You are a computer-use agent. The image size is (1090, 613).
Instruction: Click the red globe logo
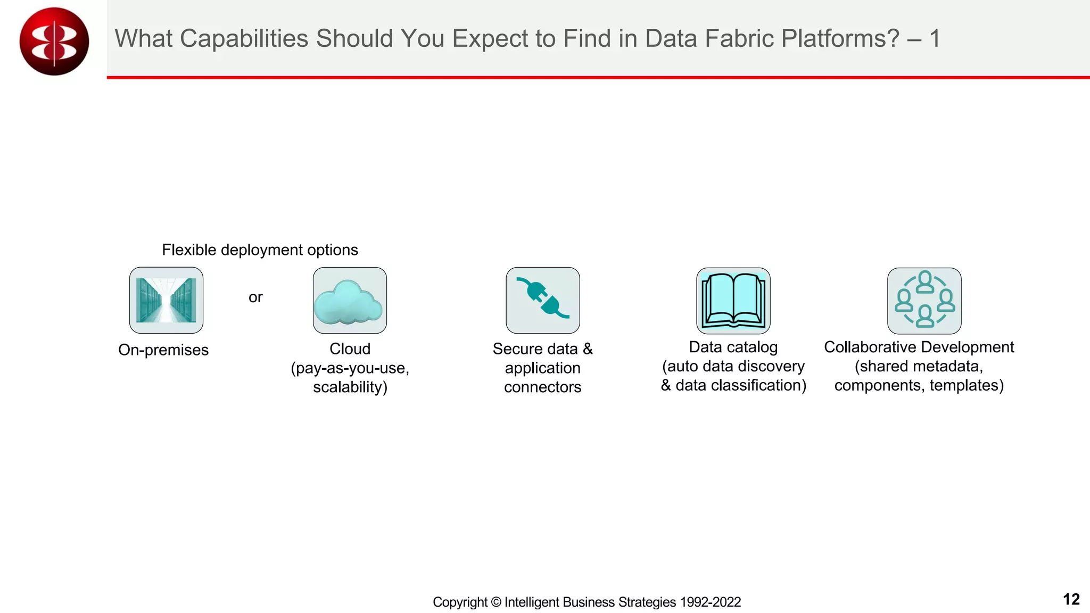pyautogui.click(x=54, y=41)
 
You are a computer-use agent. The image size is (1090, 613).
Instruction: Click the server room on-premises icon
pyautogui.click(x=166, y=300)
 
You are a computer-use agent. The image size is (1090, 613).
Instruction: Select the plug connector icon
pyautogui.click(x=542, y=300)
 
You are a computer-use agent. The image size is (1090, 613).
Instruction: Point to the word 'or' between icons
pyautogui.click(x=255, y=297)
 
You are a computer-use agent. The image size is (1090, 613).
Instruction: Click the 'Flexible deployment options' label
pyautogui.click(x=260, y=250)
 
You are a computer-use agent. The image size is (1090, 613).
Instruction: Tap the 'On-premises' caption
pyautogui.click(x=163, y=350)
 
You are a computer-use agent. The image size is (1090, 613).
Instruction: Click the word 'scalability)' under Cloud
pyautogui.click(x=350, y=387)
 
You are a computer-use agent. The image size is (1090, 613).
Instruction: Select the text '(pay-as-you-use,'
pyautogui.click(x=350, y=368)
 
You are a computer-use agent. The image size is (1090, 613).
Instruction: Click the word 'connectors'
pyautogui.click(x=542, y=387)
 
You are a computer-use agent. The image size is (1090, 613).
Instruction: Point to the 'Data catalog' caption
pyautogui.click(x=733, y=347)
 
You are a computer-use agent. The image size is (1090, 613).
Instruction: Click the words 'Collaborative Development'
pyautogui.click(x=919, y=347)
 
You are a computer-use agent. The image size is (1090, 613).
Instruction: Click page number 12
pyautogui.click(x=1071, y=600)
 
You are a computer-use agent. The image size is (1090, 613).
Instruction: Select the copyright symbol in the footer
pyautogui.click(x=496, y=602)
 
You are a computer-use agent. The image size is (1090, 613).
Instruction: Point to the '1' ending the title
pyautogui.click(x=935, y=39)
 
